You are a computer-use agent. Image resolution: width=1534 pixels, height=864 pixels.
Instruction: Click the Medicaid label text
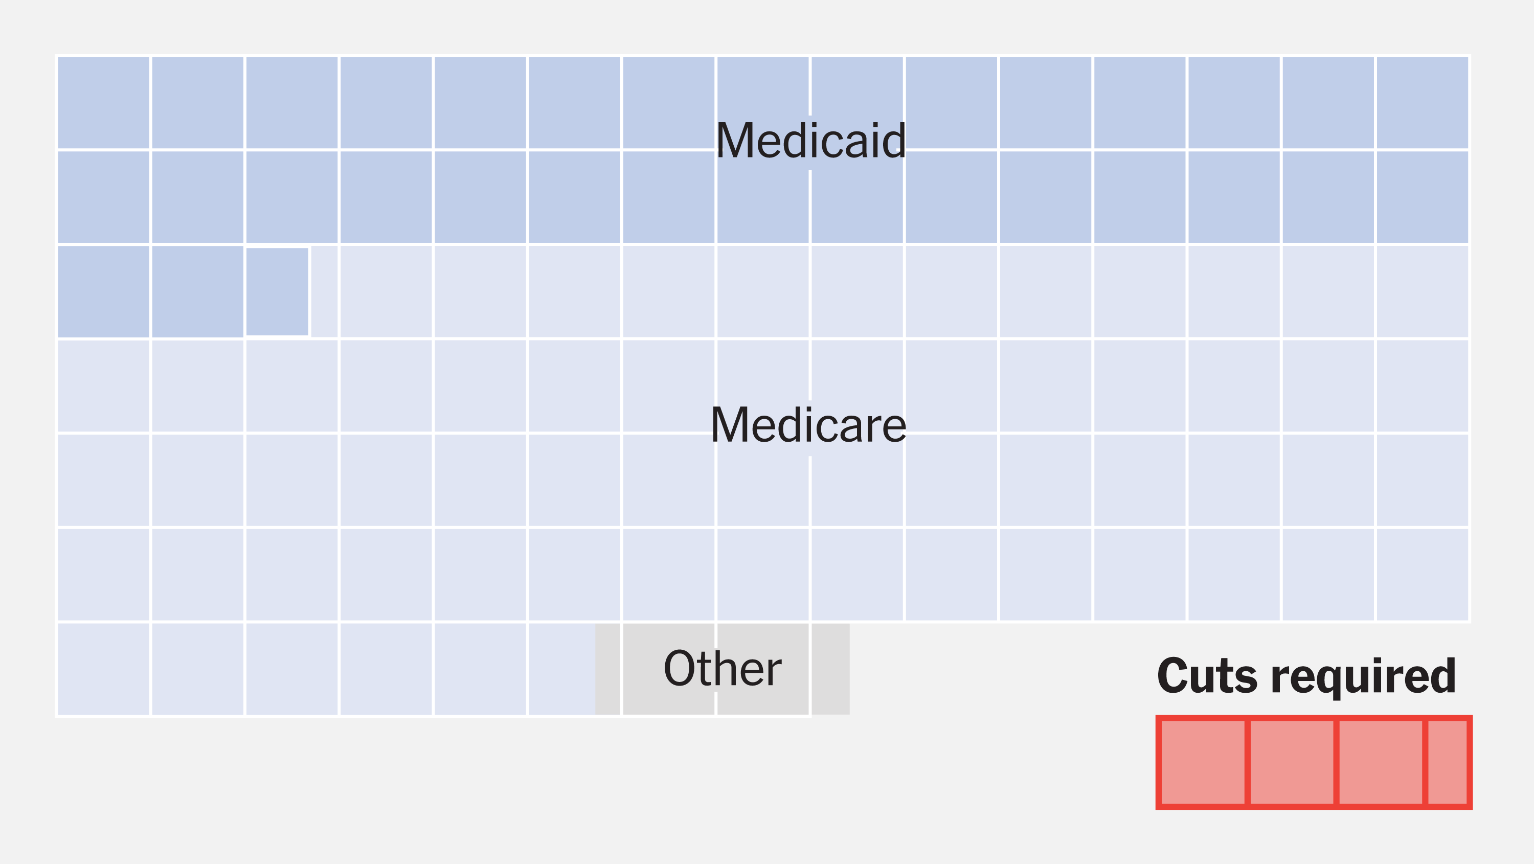tap(810, 141)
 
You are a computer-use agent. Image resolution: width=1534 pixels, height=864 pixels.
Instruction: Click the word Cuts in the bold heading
tap(1206, 676)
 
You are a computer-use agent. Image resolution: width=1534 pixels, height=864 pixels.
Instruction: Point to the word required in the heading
tap(1363, 677)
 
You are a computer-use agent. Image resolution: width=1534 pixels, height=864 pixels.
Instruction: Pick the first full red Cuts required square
tap(1202, 762)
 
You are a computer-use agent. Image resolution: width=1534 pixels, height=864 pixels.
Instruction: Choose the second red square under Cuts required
tap(1292, 762)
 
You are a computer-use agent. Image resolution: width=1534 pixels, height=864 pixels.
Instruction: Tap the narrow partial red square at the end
tap(1448, 762)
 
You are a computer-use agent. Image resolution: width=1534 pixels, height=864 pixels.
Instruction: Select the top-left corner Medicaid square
tap(103, 102)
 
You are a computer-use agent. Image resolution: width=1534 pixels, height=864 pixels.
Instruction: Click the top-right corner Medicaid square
tap(1422, 102)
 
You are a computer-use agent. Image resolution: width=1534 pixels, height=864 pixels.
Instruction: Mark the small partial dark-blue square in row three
tap(277, 292)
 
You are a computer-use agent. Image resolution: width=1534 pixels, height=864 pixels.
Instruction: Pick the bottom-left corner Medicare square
tap(103, 669)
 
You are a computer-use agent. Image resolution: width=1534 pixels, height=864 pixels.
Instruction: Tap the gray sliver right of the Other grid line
tap(830, 669)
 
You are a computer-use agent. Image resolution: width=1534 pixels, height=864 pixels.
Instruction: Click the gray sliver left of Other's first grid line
tap(607, 669)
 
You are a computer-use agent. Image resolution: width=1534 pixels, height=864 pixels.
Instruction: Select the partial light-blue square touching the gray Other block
tap(561, 669)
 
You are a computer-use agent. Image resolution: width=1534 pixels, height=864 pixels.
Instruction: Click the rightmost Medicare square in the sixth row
tap(1422, 575)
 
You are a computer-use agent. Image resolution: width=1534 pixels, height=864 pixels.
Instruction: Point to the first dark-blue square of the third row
tap(103, 292)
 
